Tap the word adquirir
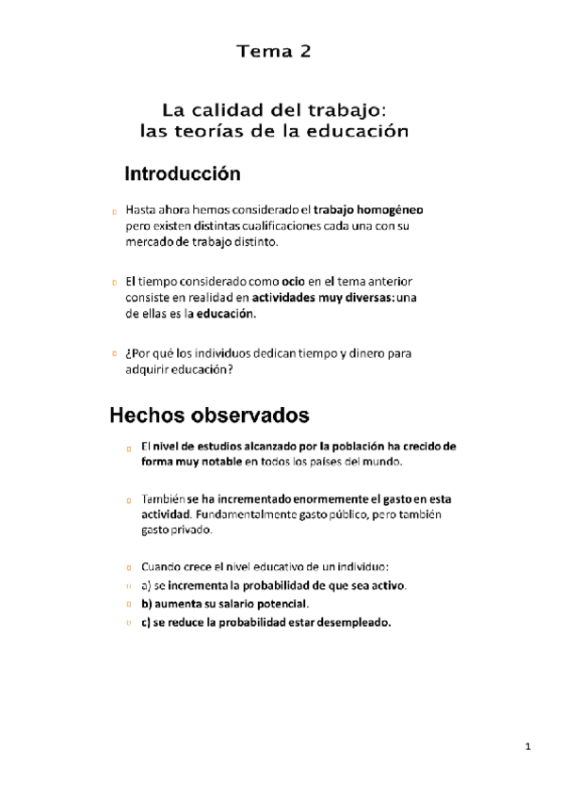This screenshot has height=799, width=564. point(144,369)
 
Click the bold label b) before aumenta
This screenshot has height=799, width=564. point(146,603)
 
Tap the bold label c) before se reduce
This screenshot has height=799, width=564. point(146,622)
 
